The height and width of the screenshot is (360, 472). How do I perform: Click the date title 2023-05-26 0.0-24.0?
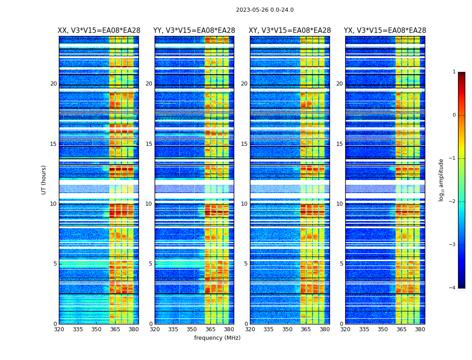[x=265, y=10]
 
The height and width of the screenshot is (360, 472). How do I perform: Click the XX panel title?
[x=99, y=31]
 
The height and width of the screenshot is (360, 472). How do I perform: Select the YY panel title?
[x=194, y=31]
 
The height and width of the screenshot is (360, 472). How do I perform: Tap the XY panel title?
[x=290, y=31]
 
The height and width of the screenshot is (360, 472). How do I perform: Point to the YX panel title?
[x=385, y=31]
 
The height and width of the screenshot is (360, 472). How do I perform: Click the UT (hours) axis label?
[x=44, y=180]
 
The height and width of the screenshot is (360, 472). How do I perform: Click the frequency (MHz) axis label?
[x=217, y=338]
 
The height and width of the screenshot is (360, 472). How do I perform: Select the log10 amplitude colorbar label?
[x=441, y=180]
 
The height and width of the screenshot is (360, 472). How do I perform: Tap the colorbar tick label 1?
[x=454, y=72]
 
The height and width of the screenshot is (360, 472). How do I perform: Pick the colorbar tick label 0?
[x=454, y=115]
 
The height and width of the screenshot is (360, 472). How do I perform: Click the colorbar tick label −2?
[x=453, y=202]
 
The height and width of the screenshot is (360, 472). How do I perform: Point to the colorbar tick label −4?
[x=453, y=288]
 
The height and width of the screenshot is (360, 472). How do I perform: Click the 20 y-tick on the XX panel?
[x=53, y=84]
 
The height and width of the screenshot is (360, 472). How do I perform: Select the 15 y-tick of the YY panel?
[x=149, y=144]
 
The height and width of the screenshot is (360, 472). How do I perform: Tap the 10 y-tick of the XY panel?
[x=244, y=204]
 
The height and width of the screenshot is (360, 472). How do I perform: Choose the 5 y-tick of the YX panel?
[x=341, y=264]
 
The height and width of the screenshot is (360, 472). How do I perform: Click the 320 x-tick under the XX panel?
[x=59, y=329]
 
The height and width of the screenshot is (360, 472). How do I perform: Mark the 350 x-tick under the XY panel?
[x=287, y=329]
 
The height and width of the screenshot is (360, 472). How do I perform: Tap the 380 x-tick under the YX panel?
[x=420, y=329]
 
